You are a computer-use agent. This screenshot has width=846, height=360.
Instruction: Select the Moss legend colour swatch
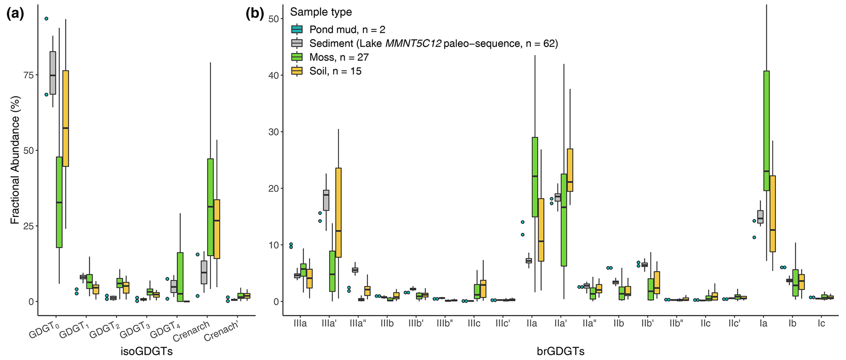point(297,57)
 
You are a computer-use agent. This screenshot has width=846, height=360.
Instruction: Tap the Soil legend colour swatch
point(297,71)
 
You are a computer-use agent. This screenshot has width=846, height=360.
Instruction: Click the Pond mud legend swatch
point(297,29)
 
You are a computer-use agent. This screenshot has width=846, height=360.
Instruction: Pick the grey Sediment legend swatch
point(297,43)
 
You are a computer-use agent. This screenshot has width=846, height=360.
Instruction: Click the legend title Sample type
point(321,12)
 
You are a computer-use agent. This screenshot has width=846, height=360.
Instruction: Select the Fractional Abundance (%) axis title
point(15,170)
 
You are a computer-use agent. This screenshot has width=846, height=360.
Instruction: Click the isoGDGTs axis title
point(147,351)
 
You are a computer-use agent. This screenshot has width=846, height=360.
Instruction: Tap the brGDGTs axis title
point(560,351)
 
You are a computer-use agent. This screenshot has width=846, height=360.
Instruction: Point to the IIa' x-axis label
point(561,324)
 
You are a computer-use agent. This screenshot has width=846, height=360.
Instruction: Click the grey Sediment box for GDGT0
point(53,73)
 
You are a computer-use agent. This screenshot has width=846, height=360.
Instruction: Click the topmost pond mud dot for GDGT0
point(46,18)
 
